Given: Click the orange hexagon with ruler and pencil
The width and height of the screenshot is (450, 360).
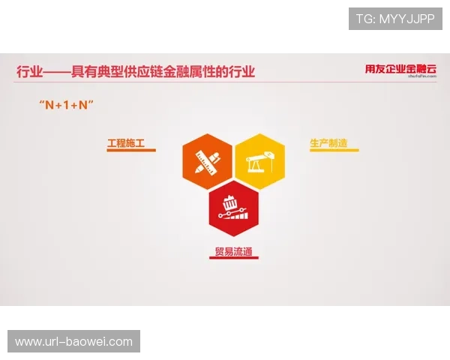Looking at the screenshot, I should [207, 159].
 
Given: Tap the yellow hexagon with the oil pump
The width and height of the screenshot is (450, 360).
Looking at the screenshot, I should [259, 159].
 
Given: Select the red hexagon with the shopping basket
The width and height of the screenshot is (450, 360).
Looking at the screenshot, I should [233, 204].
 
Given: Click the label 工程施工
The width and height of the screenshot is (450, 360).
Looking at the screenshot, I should [125, 142].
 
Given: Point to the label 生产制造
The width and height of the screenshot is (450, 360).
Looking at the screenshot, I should [328, 142].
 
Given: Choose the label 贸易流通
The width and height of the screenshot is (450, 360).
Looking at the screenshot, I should [232, 250].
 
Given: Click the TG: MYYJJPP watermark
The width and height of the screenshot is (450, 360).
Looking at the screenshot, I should [395, 19].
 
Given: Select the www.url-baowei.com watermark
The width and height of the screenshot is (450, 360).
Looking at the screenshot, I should [74, 342].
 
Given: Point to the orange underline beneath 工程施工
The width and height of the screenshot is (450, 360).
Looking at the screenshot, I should [131, 151].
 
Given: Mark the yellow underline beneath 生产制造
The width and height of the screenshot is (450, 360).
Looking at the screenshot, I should [334, 151].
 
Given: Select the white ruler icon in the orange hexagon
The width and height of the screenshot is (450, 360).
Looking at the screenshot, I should [201, 161].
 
